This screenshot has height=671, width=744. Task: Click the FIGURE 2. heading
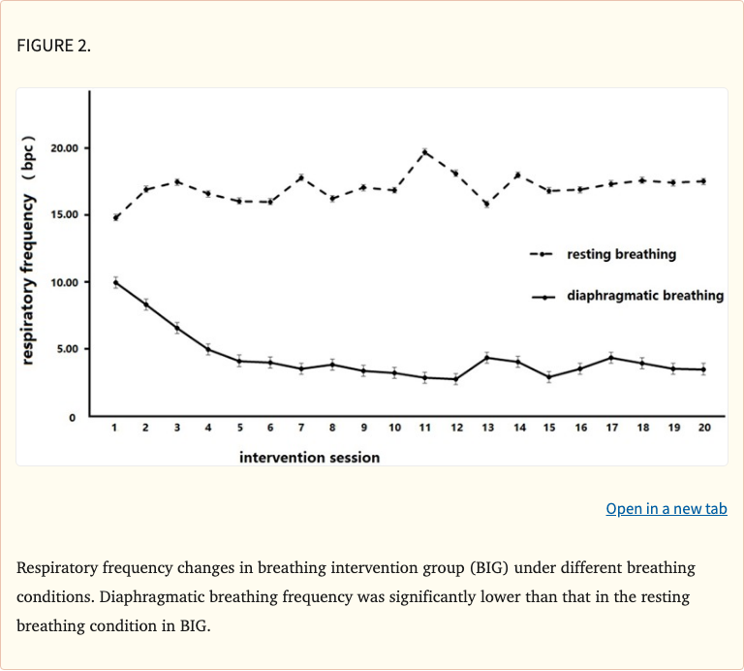click(53, 46)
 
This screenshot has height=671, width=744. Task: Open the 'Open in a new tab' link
click(666, 508)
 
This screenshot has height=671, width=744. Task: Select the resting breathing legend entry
click(621, 254)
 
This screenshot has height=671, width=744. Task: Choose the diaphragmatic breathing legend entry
click(644, 295)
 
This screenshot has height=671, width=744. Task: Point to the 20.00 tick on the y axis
click(66, 148)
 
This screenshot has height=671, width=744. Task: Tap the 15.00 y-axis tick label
click(66, 214)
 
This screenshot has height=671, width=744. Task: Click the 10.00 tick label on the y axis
click(66, 282)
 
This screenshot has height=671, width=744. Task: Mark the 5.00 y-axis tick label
click(68, 348)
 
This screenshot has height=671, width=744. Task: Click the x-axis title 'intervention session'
click(309, 456)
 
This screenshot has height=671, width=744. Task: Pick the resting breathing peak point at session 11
click(424, 152)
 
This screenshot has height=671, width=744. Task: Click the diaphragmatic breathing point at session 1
click(115, 282)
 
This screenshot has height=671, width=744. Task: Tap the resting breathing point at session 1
click(115, 217)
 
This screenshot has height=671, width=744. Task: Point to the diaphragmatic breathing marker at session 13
click(486, 358)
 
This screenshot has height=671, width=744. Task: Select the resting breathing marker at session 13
click(486, 204)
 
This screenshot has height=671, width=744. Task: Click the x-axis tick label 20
click(703, 428)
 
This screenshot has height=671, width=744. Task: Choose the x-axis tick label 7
click(300, 428)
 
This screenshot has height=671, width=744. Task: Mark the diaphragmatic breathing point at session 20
click(703, 369)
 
